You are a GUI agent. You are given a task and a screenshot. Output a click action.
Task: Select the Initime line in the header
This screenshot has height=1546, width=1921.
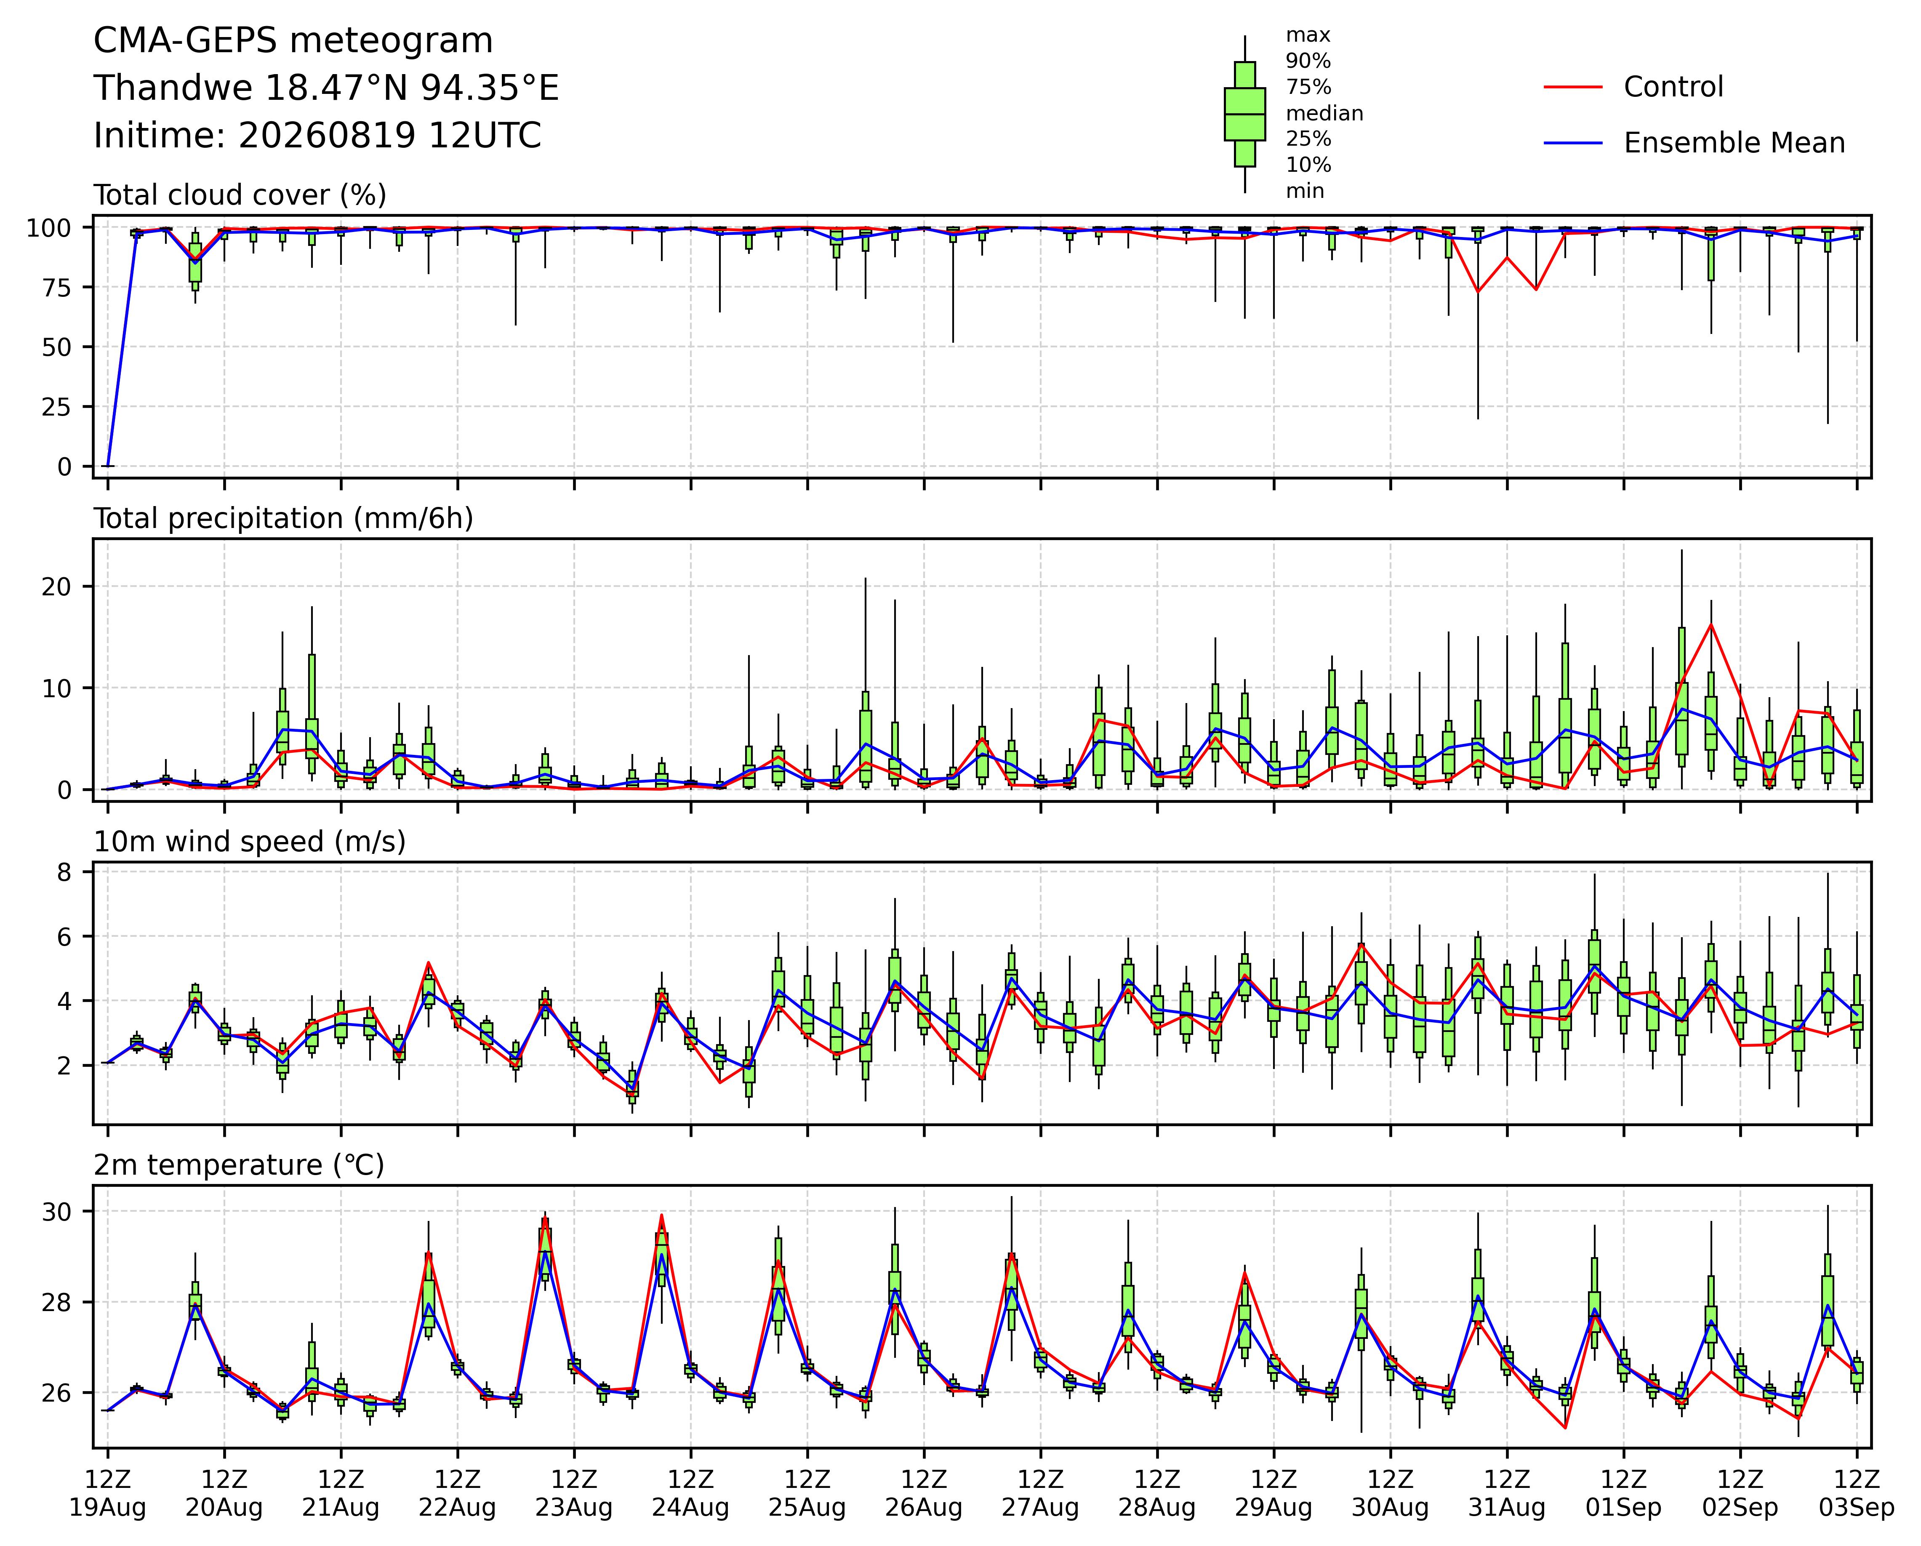click(317, 136)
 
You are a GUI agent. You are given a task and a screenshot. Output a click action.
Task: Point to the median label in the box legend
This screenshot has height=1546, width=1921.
click(1324, 113)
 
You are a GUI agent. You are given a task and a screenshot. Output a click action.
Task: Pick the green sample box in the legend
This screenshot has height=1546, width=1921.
click(1245, 114)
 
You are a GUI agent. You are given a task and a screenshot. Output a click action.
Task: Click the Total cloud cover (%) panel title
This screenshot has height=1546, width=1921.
click(240, 195)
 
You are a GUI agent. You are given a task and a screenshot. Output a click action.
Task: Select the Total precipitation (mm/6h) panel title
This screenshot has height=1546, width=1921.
click(283, 519)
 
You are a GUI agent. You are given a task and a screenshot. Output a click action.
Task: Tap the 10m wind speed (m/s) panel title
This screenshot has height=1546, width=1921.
click(250, 842)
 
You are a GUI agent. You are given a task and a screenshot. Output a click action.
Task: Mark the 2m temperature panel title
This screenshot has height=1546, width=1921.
click(239, 1165)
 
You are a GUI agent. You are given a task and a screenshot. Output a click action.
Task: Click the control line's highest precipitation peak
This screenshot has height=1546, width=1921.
click(1711, 624)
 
